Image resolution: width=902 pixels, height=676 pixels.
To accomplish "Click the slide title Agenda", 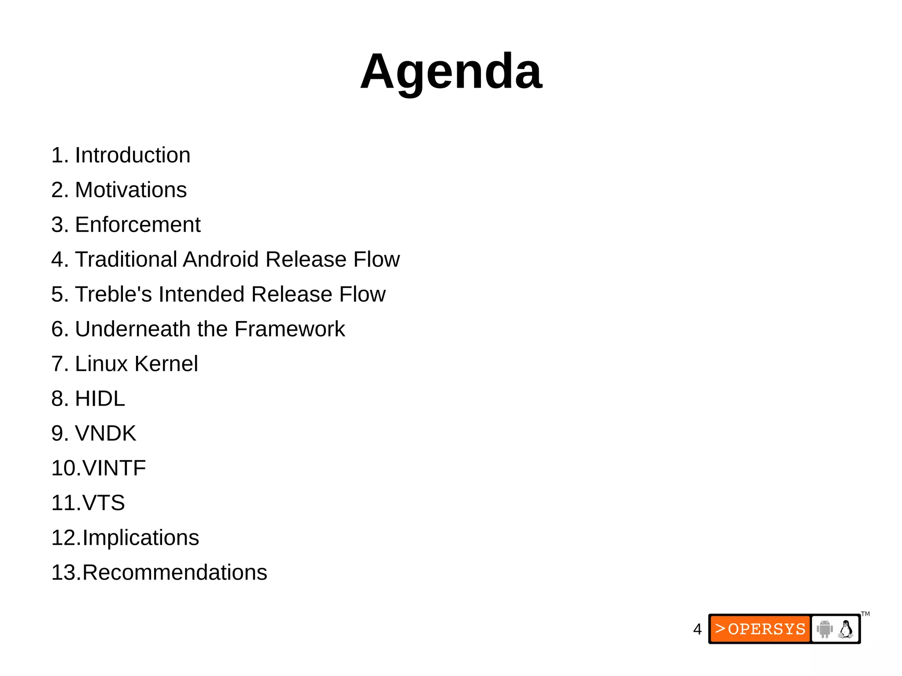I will coord(451,71).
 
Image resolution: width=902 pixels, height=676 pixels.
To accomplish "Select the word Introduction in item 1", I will coord(133,155).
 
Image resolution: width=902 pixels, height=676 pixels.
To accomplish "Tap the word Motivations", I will coord(131,190).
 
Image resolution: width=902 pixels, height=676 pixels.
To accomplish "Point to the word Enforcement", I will coord(137,225).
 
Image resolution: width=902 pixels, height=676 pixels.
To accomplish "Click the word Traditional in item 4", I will coord(126,259).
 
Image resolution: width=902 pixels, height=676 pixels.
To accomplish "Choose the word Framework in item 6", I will coord(289,329).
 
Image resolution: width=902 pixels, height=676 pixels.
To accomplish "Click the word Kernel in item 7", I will coord(166,364).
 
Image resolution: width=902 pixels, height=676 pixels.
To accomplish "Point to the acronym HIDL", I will coord(100,399).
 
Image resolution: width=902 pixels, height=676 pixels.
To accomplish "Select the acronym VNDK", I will coord(106,433).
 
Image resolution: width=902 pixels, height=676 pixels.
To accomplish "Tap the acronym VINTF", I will coord(114,468).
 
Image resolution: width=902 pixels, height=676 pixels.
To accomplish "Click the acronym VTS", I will coord(104,503).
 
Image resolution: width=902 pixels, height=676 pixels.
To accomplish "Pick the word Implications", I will coord(140,538).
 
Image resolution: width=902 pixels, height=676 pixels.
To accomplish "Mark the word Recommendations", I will coord(174,573).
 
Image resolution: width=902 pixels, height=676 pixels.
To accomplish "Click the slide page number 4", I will coord(697,629).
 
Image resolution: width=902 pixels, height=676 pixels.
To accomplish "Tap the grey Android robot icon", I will coord(824,629).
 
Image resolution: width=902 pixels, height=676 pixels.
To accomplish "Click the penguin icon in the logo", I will coord(846,629).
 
